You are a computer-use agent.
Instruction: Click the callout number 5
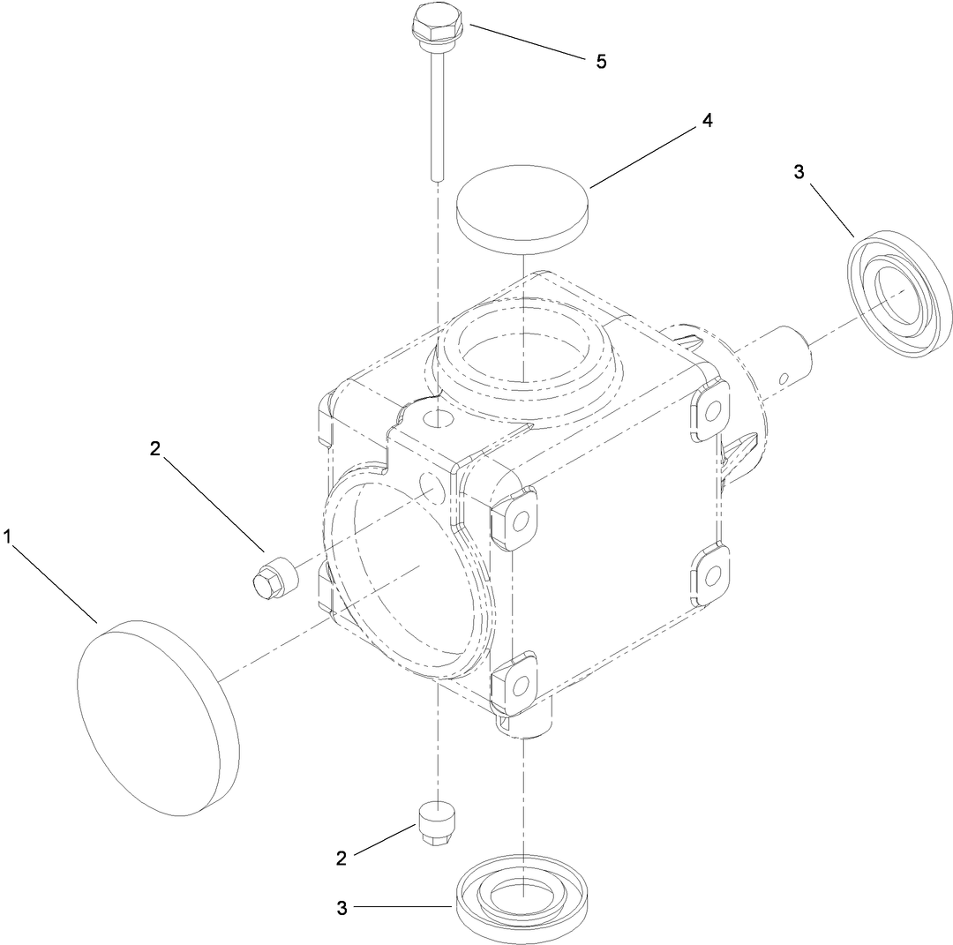601,62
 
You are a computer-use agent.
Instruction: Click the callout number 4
706,122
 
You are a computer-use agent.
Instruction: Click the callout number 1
10,536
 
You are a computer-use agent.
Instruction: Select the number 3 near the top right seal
799,172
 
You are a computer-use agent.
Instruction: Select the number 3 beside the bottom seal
342,907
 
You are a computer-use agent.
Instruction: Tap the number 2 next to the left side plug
155,447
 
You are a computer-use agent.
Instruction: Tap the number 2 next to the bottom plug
341,856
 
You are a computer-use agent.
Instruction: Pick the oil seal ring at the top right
900,294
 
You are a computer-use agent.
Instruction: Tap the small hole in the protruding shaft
784,377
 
